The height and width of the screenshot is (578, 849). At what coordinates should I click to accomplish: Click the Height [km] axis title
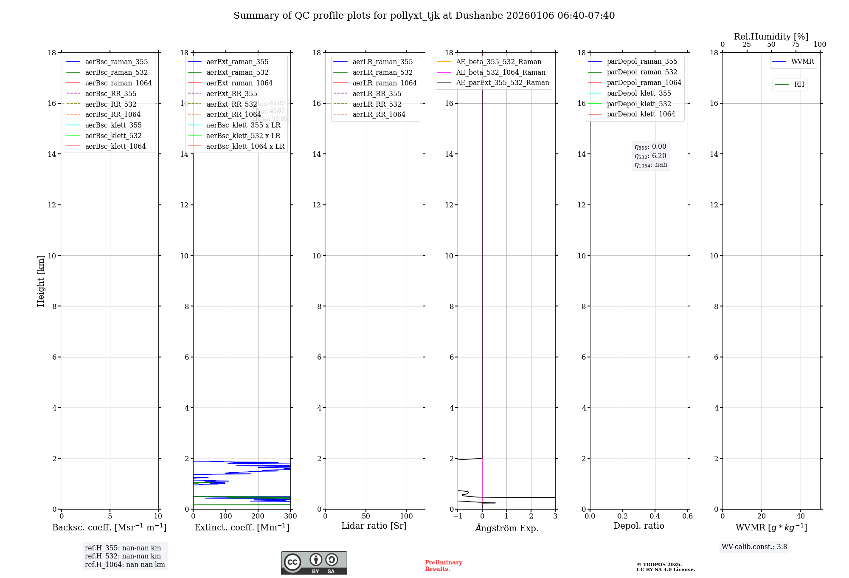pos(41,281)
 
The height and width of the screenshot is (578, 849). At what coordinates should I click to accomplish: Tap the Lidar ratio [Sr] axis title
pos(374,526)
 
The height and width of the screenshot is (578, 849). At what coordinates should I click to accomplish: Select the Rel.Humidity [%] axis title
pos(771,37)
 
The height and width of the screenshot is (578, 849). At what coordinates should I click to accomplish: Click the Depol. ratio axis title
pos(638,526)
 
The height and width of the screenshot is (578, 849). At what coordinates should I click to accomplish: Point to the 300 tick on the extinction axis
pos(290,516)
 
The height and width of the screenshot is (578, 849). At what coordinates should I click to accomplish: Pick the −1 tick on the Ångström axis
pos(458,516)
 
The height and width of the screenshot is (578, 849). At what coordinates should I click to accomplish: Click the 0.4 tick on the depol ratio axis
pos(655,516)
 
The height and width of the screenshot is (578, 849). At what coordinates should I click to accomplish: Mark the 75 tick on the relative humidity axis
pos(796,45)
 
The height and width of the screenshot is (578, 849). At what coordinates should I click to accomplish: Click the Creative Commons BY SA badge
pos(314,563)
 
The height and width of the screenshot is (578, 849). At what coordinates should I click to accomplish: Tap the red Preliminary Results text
pos(443,566)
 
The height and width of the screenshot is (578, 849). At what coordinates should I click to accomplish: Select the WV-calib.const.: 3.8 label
pos(754,547)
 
